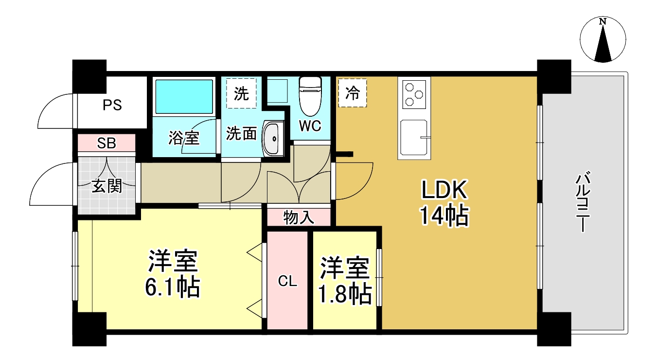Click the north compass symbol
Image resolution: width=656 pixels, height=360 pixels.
[603, 40]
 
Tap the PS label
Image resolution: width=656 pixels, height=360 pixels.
[112, 105]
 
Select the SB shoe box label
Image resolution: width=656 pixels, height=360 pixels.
[106, 143]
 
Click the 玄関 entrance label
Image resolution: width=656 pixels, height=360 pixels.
[106, 185]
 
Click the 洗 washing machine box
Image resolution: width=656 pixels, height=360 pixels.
[241, 93]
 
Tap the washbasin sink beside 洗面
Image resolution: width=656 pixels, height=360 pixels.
[273, 139]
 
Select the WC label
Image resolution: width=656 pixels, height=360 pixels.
[310, 126]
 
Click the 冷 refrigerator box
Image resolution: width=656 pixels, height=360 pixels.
[352, 93]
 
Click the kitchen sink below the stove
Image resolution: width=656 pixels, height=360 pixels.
[414, 138]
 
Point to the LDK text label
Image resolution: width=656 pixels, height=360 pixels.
[444, 190]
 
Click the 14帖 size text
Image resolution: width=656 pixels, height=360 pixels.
[444, 216]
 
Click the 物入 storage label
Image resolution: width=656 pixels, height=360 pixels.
[299, 218]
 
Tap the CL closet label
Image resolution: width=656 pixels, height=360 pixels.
[287, 281]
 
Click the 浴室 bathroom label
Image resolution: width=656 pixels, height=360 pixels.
[183, 138]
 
